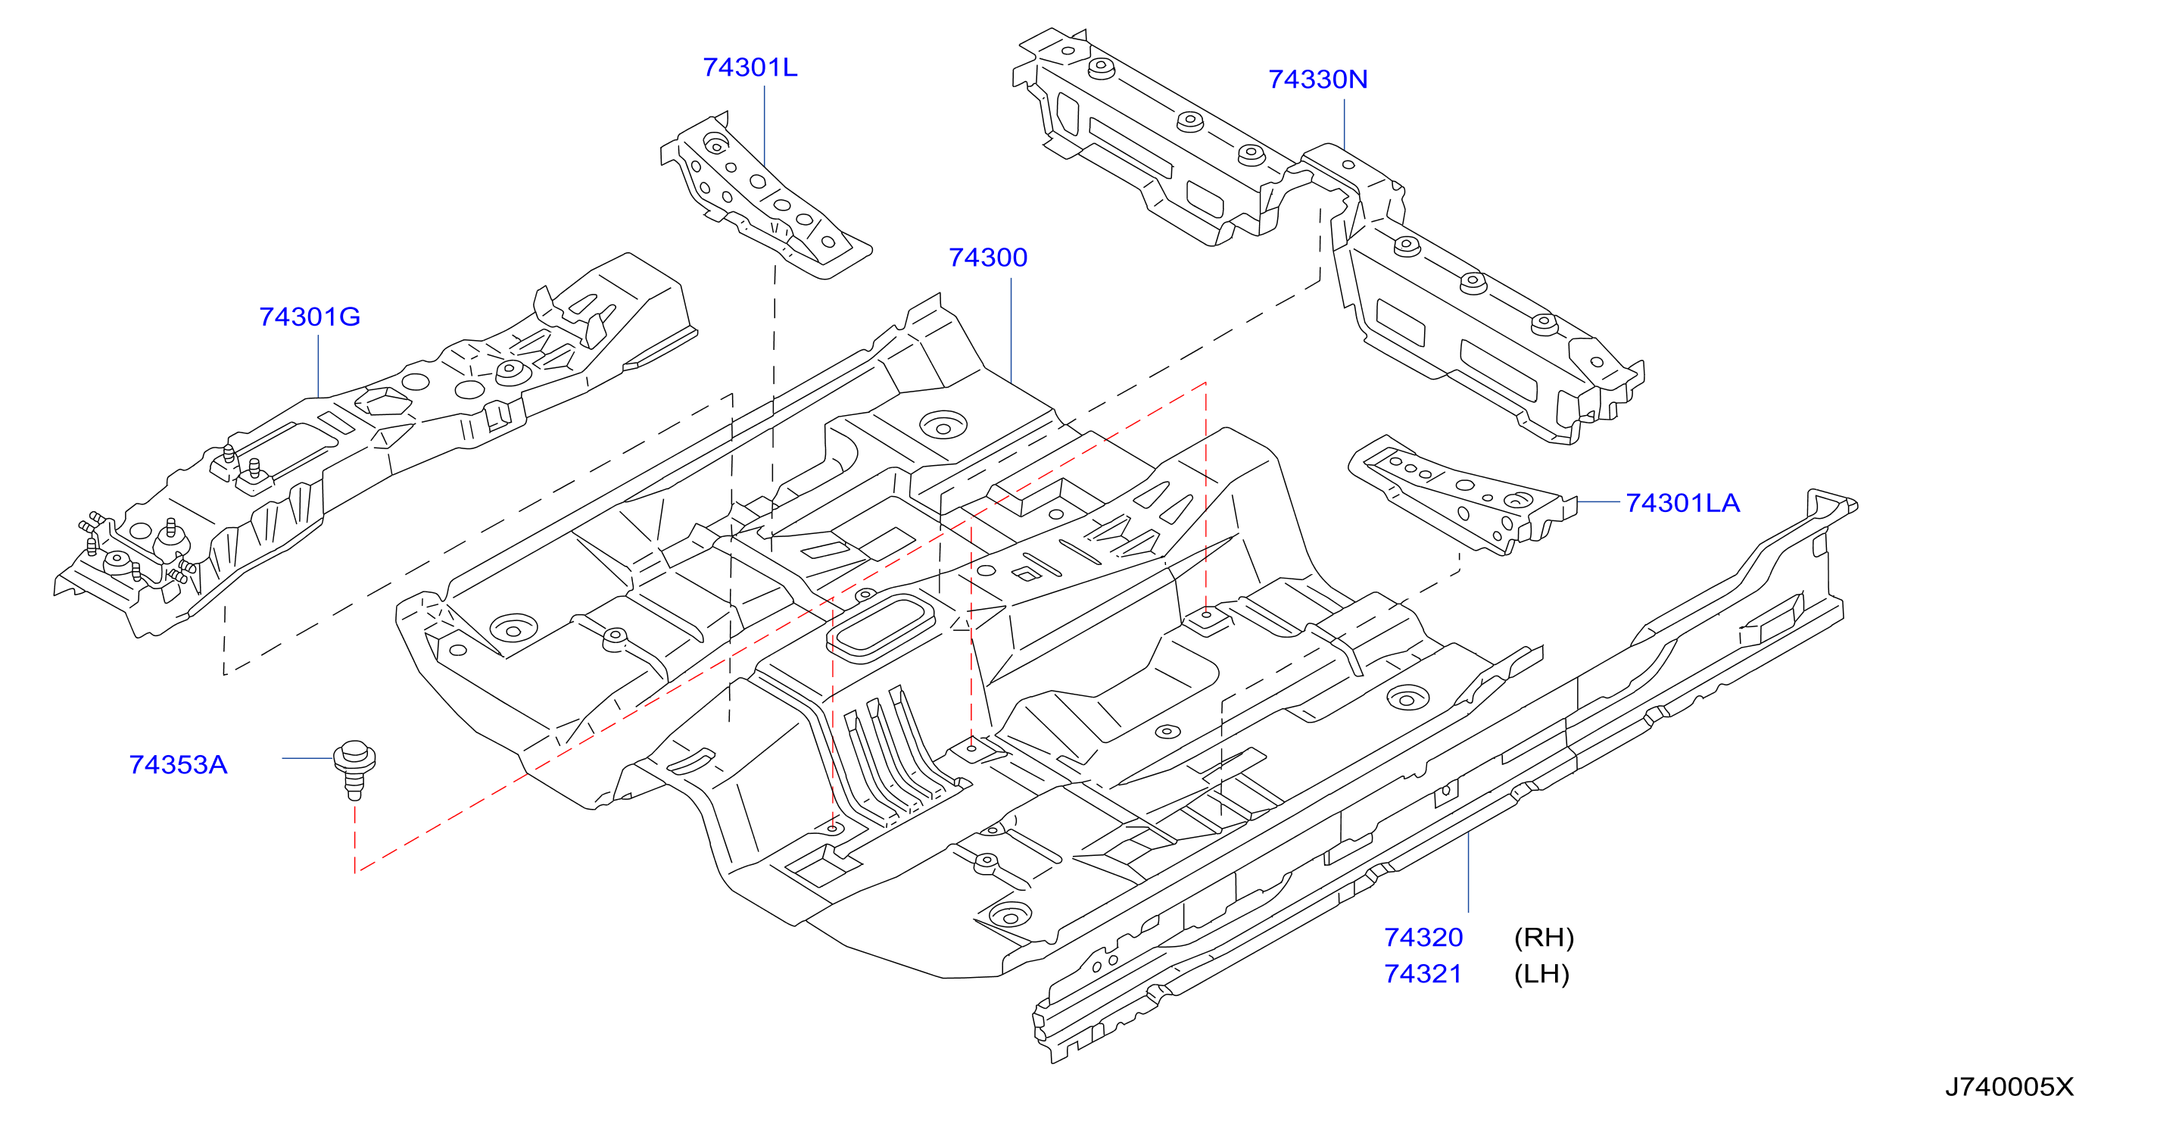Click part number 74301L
pos(750,67)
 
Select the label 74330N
pos(1318,79)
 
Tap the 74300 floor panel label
pos(988,257)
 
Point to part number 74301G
pos(310,317)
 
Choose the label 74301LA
pos(1683,502)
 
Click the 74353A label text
pos(179,765)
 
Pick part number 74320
pos(1423,937)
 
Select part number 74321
pos(1423,974)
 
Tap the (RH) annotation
pos(1544,937)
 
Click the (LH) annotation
pos(1541,974)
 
